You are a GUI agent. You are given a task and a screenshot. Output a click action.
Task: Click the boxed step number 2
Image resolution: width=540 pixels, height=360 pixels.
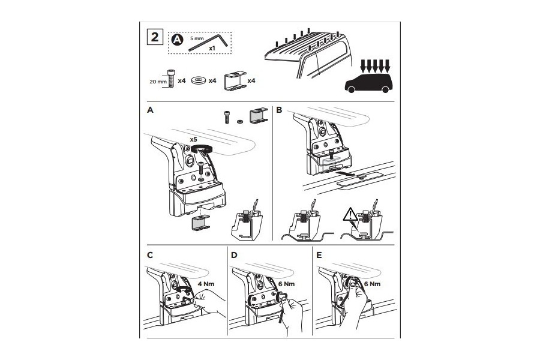pyautogui.click(x=155, y=37)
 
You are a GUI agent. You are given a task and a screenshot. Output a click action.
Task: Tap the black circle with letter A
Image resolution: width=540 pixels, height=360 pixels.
pyautogui.click(x=178, y=40)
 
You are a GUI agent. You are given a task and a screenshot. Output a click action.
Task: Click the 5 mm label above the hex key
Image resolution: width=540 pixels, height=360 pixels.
pyautogui.click(x=197, y=38)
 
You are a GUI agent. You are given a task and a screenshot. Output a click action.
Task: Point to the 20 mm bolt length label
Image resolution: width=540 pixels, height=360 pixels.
pyautogui.click(x=158, y=82)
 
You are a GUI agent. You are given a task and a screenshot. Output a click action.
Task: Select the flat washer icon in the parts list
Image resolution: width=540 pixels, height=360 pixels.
pyautogui.click(x=199, y=80)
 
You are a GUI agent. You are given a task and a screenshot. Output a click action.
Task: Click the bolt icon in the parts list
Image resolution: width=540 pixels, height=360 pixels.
pyautogui.click(x=171, y=78)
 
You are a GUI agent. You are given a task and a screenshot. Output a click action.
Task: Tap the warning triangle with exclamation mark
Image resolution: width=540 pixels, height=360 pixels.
pyautogui.click(x=350, y=215)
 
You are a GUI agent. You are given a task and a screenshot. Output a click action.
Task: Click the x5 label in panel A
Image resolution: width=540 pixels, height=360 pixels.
pyautogui.click(x=193, y=140)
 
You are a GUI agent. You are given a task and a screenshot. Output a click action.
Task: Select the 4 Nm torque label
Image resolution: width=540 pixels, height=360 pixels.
pyautogui.click(x=206, y=284)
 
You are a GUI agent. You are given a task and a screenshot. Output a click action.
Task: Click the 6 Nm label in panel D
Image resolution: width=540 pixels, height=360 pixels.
pyautogui.click(x=287, y=284)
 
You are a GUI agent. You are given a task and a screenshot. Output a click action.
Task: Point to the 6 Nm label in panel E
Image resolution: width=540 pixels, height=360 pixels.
pyautogui.click(x=372, y=284)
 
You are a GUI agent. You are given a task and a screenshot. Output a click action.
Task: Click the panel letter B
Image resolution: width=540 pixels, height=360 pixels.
pyautogui.click(x=279, y=110)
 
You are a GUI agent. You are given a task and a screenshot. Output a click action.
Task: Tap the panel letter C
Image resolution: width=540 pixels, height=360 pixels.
pyautogui.click(x=150, y=255)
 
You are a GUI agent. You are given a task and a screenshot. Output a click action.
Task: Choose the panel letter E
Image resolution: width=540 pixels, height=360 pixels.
pyautogui.click(x=319, y=255)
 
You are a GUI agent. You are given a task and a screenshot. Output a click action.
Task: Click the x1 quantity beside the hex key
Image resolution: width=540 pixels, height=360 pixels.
pyautogui.click(x=212, y=49)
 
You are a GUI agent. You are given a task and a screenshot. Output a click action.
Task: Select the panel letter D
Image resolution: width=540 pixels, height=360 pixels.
pyautogui.click(x=234, y=255)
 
